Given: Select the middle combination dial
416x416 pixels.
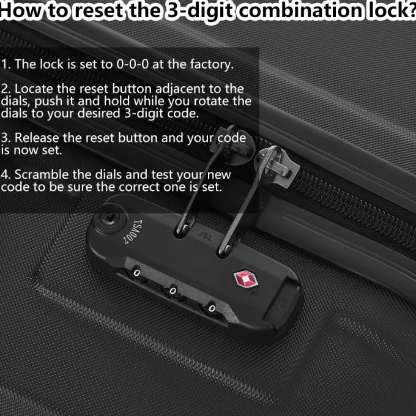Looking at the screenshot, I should click(x=174, y=289).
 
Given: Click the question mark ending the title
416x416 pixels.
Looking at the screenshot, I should click(x=412, y=10).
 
